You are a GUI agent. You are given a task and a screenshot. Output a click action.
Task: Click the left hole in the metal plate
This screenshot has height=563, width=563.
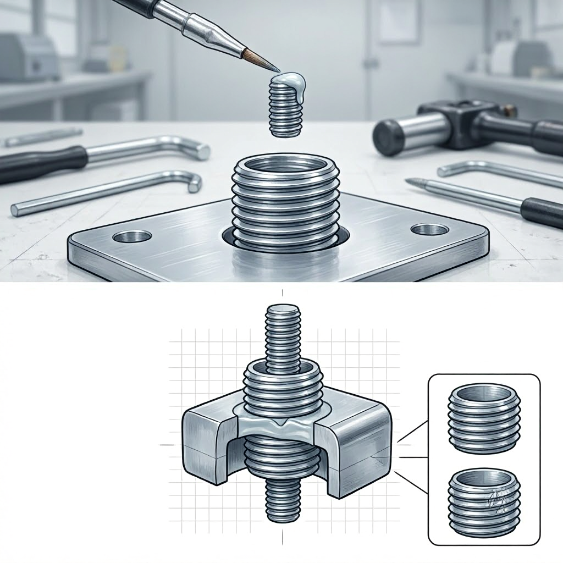(132, 237)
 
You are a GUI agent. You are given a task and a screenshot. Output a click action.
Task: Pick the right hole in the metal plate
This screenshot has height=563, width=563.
(429, 229)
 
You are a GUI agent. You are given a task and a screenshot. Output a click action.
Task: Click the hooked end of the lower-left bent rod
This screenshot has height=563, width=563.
(194, 183)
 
